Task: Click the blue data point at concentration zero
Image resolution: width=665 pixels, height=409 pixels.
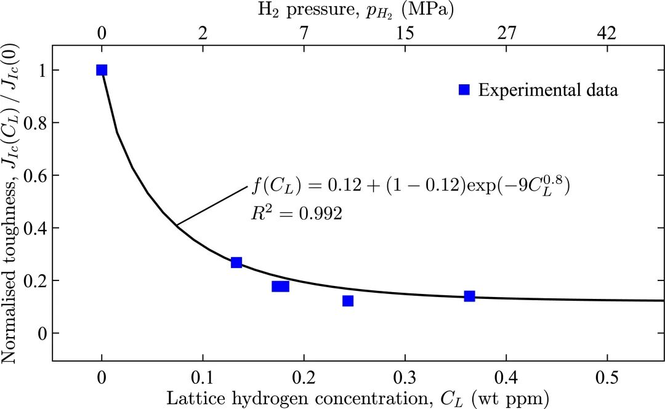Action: point(102,70)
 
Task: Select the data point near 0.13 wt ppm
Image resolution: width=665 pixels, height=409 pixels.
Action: point(236,263)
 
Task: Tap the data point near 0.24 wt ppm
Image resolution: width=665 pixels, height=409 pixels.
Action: point(348,301)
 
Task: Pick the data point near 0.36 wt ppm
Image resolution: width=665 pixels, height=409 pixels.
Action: point(469,296)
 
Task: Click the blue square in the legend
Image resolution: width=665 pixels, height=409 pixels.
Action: point(464,90)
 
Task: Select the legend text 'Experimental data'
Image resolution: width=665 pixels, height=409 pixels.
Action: point(548,90)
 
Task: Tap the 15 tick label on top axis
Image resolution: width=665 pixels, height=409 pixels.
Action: point(405,34)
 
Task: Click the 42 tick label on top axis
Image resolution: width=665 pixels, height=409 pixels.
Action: point(607,34)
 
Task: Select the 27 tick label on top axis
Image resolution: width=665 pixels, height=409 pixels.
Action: point(506,34)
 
